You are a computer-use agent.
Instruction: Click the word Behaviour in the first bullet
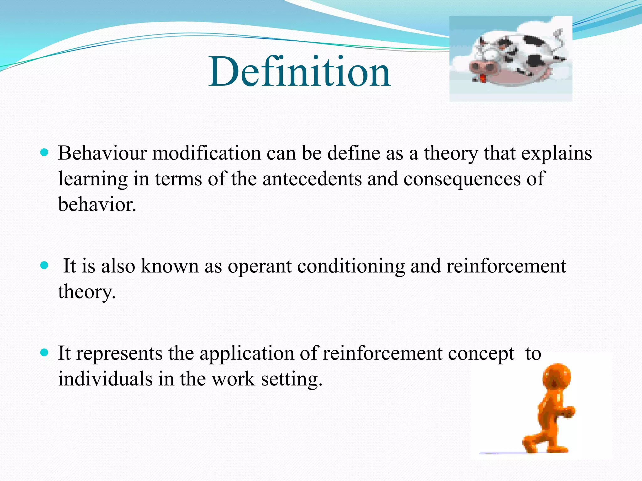(102, 153)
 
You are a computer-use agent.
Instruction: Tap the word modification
(207, 153)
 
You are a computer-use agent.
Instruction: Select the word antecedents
(312, 179)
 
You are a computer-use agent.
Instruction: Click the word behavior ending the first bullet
(97, 205)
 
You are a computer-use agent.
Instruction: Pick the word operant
(260, 266)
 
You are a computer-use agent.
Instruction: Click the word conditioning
(351, 266)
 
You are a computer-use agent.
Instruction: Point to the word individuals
(105, 379)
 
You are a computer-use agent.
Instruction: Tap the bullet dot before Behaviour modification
(44, 153)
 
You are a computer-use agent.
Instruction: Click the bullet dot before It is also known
(44, 266)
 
